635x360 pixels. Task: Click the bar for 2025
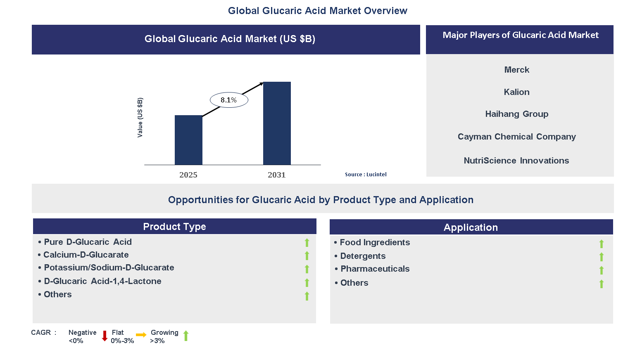coord(188,140)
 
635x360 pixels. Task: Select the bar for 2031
coord(277,123)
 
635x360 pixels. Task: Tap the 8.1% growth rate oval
coord(229,100)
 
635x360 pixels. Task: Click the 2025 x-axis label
coord(188,175)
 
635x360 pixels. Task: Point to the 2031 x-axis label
coord(277,175)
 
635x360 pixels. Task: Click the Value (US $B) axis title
coord(140,118)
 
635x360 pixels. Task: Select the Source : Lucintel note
coord(366,175)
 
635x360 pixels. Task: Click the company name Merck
coord(516,70)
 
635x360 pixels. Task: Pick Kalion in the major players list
coord(516,92)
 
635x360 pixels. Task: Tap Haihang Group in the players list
coord(516,114)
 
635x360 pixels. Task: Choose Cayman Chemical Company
coord(516,137)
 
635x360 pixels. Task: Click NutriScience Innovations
coord(516,161)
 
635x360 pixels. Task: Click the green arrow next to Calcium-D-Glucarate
coord(307,256)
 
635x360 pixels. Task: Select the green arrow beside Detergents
coord(602,257)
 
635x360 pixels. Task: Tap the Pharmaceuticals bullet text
coord(375,269)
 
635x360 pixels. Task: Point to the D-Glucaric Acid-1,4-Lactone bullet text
coord(102,281)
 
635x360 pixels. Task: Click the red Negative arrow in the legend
coord(105,336)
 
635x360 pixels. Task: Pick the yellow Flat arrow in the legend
coord(141,335)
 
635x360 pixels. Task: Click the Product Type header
coord(174,227)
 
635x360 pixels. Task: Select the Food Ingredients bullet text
coord(375,242)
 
